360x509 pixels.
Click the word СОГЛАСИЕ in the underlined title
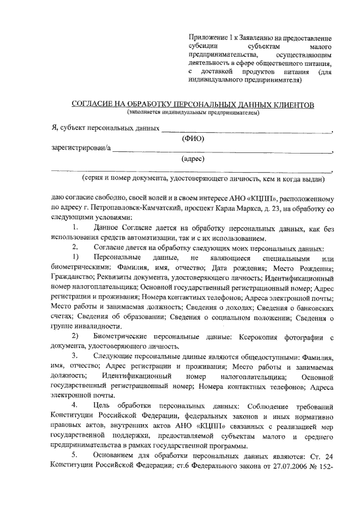[x=93, y=105]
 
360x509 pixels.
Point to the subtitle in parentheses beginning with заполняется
[x=193, y=112]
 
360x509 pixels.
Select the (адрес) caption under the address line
[x=192, y=159]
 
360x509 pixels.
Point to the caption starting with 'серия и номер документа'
[x=203, y=179]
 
